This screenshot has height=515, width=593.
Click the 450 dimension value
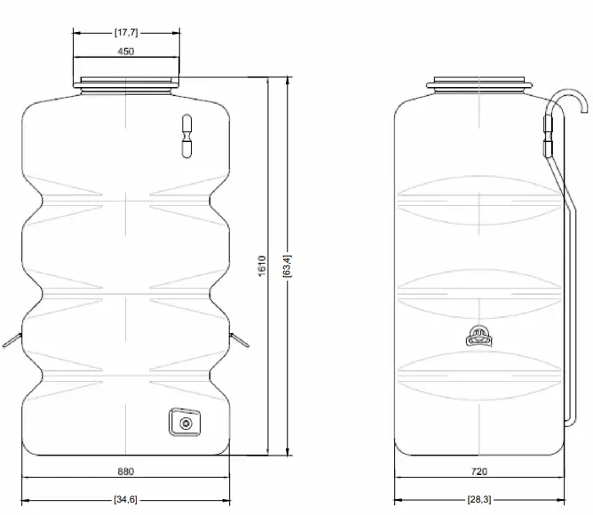125,51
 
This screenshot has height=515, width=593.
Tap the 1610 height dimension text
262,265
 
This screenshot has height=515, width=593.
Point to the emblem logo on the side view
478,337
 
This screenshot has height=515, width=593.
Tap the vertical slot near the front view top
186,137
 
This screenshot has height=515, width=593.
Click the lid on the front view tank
125,84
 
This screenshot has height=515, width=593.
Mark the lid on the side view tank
480,85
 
